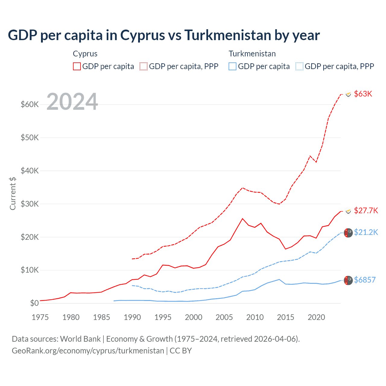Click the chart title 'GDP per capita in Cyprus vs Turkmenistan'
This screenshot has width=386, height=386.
164,35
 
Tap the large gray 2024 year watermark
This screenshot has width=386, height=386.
72,102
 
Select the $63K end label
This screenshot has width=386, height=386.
363,94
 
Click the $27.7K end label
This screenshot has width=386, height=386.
366,210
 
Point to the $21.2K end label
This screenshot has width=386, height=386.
366,232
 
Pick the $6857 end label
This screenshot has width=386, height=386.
365,280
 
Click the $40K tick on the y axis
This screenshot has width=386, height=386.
30,171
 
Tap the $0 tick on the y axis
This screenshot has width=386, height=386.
34,303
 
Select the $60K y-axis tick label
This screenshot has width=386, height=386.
30,105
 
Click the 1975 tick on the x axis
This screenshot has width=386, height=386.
40,317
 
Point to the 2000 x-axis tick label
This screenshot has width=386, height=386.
194,317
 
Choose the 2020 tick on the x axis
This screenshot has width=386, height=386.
316,317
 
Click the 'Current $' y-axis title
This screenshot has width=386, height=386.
13,193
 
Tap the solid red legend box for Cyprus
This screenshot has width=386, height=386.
77,66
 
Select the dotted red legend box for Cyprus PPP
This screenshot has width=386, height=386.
144,66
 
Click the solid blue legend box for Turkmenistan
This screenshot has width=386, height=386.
233,66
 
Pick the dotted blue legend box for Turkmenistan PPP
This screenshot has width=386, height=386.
299,66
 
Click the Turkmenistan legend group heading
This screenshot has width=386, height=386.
252,54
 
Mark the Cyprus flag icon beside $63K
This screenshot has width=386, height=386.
348,94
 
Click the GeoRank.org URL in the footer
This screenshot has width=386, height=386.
88,351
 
